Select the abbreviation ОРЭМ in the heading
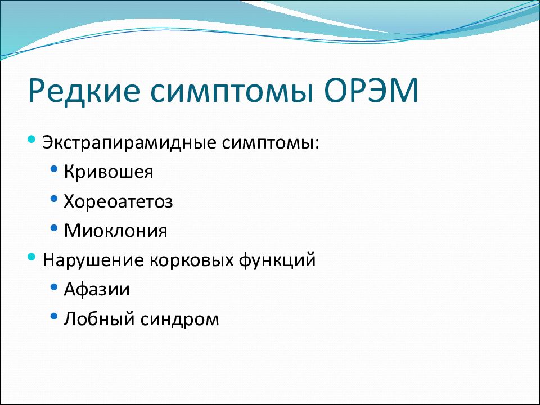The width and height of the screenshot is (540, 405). click(x=371, y=91)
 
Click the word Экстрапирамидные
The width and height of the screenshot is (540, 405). click(x=129, y=142)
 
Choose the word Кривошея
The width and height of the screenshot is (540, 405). click(x=109, y=172)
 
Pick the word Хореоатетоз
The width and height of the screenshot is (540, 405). click(x=118, y=201)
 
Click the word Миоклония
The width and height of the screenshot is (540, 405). click(x=116, y=231)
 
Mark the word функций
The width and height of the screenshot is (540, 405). click(x=277, y=260)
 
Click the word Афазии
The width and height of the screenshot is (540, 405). click(x=97, y=289)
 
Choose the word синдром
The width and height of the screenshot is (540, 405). click(x=179, y=319)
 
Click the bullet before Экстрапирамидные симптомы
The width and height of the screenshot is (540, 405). click(x=31, y=139)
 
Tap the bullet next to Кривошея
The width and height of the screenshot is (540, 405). click(x=54, y=169)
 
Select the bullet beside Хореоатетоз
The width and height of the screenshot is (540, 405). click(x=54, y=199)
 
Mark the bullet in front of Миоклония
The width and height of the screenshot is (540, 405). click(x=54, y=228)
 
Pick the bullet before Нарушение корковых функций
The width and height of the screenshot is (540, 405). click(x=31, y=256)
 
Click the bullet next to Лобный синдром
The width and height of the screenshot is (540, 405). click(x=54, y=316)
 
